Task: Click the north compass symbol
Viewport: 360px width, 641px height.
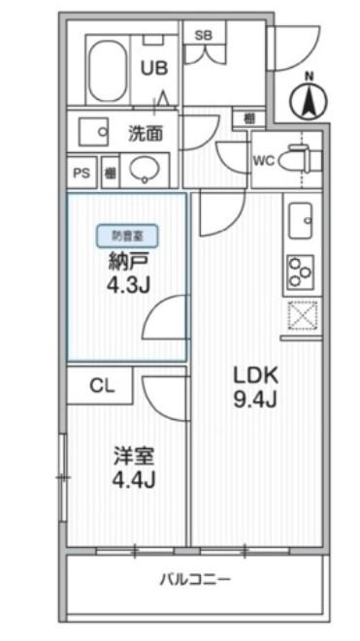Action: (310, 97)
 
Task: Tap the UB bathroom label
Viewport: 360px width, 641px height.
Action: (153, 68)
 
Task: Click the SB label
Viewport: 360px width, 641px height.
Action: (204, 35)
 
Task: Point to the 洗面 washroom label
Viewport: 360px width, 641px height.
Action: (146, 131)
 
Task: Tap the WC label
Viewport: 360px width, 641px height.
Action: (262, 160)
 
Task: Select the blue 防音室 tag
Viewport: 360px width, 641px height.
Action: (127, 234)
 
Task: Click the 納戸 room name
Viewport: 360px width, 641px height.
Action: (126, 260)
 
